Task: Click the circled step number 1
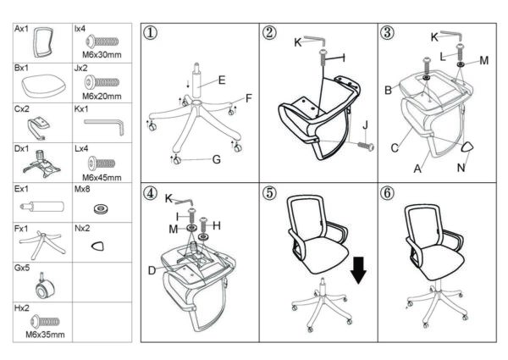click(151, 33)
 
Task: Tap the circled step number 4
click(151, 193)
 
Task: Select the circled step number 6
click(388, 193)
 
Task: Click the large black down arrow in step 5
click(359, 270)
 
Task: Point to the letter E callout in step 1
click(222, 80)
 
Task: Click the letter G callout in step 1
click(217, 159)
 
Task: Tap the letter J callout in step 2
click(366, 125)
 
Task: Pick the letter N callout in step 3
click(461, 168)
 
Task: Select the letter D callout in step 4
click(152, 270)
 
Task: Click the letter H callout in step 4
click(217, 225)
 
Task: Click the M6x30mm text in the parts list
click(102, 54)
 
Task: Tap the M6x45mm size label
click(102, 177)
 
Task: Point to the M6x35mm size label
click(45, 334)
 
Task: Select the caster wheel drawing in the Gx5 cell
click(44, 287)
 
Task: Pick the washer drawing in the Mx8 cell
click(101, 208)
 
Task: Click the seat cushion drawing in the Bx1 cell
click(43, 86)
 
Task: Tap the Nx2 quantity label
click(82, 229)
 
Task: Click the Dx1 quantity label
click(22, 149)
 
